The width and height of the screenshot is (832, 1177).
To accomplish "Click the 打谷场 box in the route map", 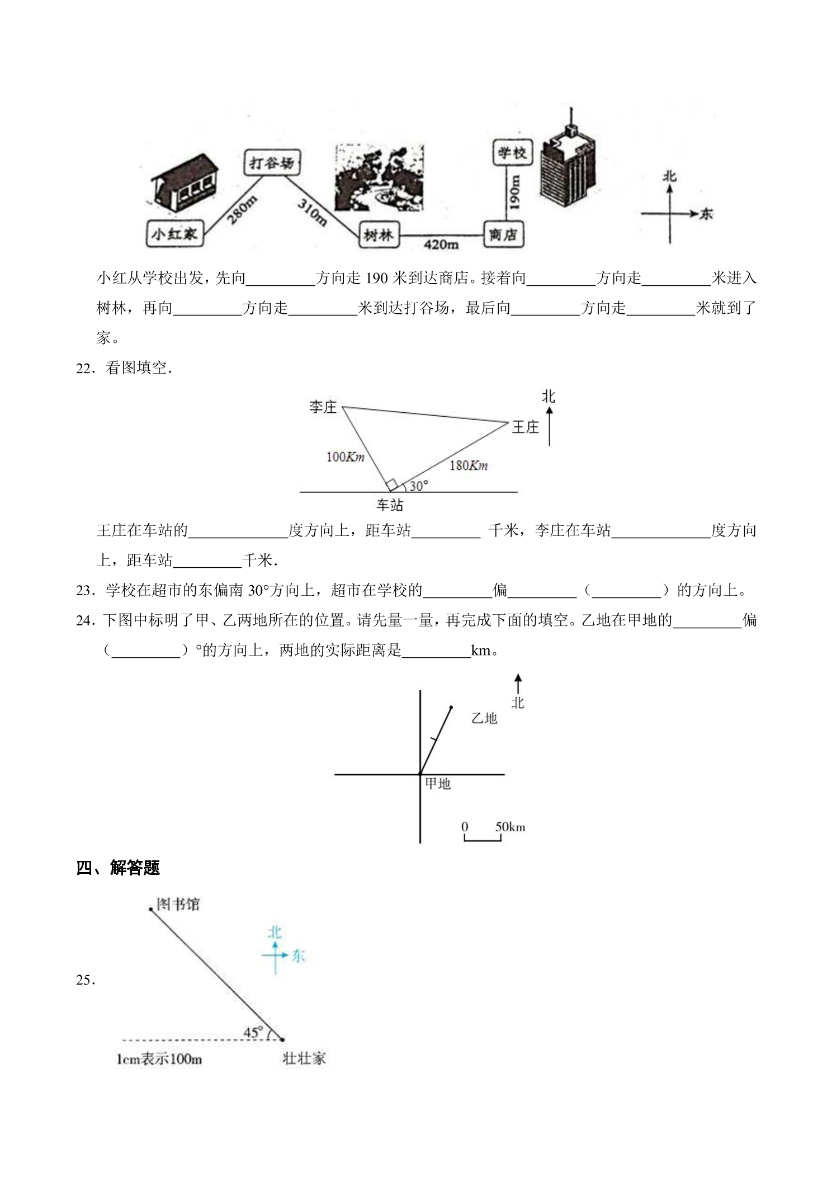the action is (x=272, y=163).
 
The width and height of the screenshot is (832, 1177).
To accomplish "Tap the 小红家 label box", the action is (x=174, y=234).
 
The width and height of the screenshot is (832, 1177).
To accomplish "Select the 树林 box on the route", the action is (x=379, y=236).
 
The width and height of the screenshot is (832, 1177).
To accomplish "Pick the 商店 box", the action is (x=503, y=235).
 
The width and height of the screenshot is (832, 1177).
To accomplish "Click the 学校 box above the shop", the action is (x=513, y=152).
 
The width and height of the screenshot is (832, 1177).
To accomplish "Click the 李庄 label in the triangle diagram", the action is (x=323, y=407).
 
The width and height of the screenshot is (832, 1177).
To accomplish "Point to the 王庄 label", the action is (x=525, y=427).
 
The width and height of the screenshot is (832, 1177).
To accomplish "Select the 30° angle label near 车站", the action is (x=418, y=486).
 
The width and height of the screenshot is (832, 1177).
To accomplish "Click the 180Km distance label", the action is (x=469, y=464).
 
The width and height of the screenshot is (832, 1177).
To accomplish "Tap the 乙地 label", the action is (x=484, y=718).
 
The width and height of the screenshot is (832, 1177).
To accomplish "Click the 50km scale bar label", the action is (x=510, y=827).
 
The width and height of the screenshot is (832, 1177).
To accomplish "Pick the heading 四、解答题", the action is (x=118, y=868).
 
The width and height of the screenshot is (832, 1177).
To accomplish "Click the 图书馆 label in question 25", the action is (x=178, y=904).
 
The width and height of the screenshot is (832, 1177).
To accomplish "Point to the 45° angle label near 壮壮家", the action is (x=253, y=1032).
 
